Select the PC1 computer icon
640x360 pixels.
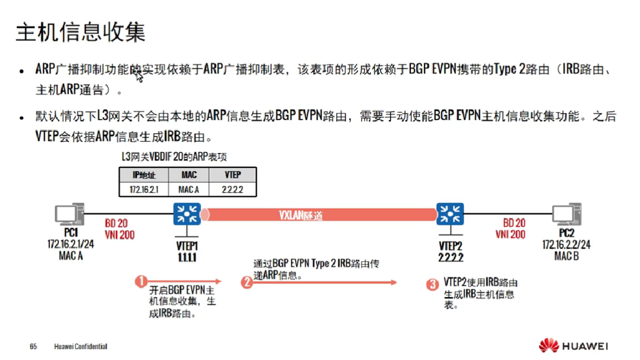(x=70, y=214)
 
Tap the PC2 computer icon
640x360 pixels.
(x=566, y=214)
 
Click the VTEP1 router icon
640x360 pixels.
(x=187, y=214)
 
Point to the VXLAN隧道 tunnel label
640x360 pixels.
(x=301, y=215)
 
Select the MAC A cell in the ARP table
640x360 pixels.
(x=189, y=189)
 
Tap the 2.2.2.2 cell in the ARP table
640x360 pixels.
(x=232, y=189)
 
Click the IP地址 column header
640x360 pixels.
(x=144, y=175)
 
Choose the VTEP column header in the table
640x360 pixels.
(x=232, y=175)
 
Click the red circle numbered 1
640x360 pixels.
(x=142, y=280)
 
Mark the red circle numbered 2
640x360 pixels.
(x=246, y=282)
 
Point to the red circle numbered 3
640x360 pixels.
(x=433, y=283)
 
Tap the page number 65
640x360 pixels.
(x=34, y=346)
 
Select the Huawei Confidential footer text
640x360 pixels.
(x=81, y=346)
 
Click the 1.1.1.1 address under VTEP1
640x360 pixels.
(x=187, y=257)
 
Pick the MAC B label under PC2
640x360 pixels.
(x=566, y=256)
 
